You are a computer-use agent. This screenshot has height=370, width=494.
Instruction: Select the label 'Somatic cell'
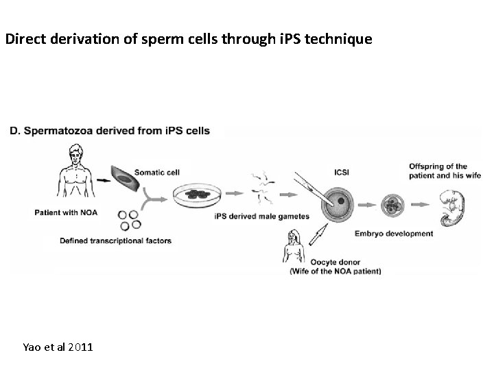(x=157, y=171)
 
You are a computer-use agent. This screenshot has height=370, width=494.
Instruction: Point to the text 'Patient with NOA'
(x=66, y=212)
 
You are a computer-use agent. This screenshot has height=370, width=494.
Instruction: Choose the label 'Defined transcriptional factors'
(x=115, y=241)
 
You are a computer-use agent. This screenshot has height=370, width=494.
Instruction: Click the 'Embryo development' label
(x=394, y=233)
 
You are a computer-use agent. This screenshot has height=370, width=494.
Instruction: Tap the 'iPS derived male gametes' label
(x=261, y=217)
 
